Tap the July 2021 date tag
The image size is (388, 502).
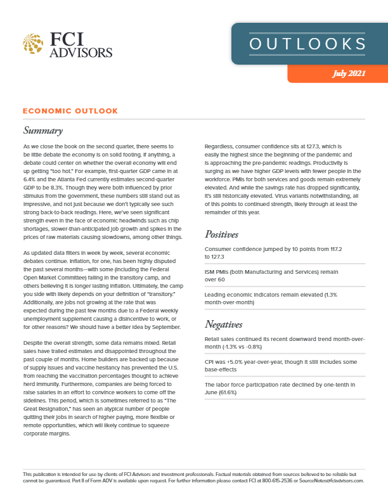pos(348,74)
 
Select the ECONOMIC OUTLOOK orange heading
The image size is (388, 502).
pos(70,111)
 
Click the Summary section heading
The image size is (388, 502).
pos(42,131)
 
